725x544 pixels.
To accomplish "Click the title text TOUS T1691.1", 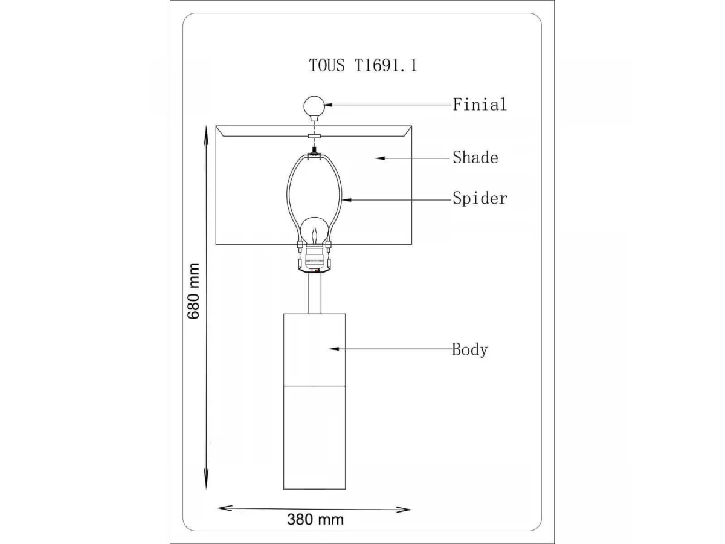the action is tap(363, 65).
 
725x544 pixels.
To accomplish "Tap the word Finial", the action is tap(480, 105).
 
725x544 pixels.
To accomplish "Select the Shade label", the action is tap(475, 157).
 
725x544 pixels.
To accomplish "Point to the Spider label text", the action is tap(480, 199).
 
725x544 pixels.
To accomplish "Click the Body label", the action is tap(469, 349).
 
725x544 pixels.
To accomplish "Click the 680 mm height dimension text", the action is tap(193, 291).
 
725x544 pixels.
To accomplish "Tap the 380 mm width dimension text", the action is tap(315, 519).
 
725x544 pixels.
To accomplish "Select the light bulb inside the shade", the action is tap(314, 232).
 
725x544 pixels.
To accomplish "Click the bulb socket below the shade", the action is tap(314, 259).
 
